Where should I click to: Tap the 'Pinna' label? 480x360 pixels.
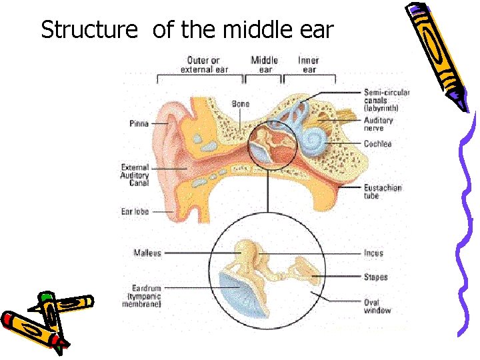click(x=138, y=123)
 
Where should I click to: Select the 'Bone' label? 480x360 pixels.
click(x=241, y=104)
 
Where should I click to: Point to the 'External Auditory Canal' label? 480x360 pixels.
click(x=135, y=175)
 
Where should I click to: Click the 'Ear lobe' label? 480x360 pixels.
click(x=135, y=211)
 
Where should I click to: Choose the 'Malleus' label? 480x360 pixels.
click(x=147, y=253)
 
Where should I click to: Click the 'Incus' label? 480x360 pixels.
click(x=374, y=253)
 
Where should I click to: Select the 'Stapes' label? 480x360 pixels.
click(x=376, y=277)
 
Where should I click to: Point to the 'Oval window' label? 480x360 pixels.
click(x=377, y=306)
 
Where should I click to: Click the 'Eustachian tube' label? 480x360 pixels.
click(x=383, y=192)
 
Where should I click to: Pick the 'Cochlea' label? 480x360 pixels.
click(x=378, y=143)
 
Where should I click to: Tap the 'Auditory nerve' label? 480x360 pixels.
click(x=379, y=124)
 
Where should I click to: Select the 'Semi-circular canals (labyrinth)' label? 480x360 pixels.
click(x=387, y=100)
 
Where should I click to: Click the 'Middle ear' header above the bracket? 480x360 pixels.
click(x=264, y=64)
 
